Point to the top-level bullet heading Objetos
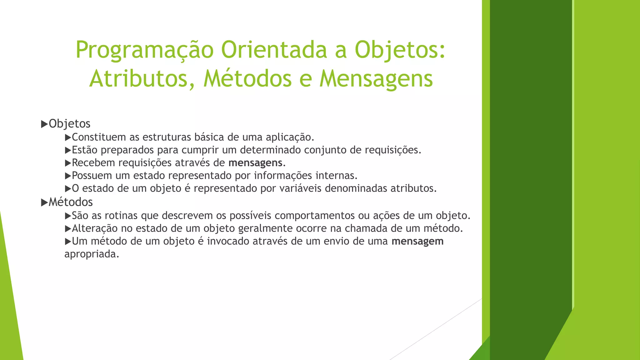pyautogui.click(x=69, y=124)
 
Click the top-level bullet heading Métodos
pyautogui.click(x=71, y=202)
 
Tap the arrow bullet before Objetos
pyautogui.click(x=44, y=124)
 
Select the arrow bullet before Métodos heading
pyautogui.click(x=44, y=202)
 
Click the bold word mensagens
pyautogui.click(x=255, y=163)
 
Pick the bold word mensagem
pyautogui.click(x=417, y=241)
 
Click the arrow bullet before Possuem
pyautogui.click(x=68, y=176)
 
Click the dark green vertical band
pyautogui.click(x=530, y=156)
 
